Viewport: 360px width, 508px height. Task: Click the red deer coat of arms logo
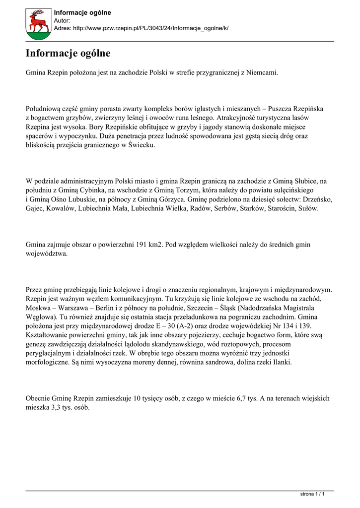[38, 23]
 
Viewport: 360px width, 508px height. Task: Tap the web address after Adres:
[150, 29]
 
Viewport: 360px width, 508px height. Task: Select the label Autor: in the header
[62, 21]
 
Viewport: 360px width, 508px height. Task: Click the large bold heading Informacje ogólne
[68, 53]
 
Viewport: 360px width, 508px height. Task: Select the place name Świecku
[142, 145]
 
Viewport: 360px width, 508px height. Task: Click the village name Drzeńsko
[318, 199]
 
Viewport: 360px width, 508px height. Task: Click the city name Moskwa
[40, 307]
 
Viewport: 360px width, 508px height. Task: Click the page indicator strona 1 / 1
[313, 494]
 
